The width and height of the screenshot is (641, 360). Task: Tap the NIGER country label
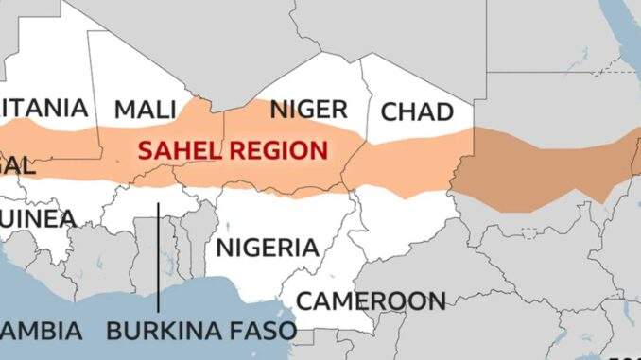(308, 110)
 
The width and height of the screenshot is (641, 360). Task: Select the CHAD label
(417, 112)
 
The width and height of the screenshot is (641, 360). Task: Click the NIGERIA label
(268, 249)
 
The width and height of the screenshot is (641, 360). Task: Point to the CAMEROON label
(371, 301)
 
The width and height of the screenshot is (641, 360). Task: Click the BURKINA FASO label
(201, 332)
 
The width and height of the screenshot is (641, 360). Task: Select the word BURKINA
(162, 332)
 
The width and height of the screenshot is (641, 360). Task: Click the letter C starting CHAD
(389, 112)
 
